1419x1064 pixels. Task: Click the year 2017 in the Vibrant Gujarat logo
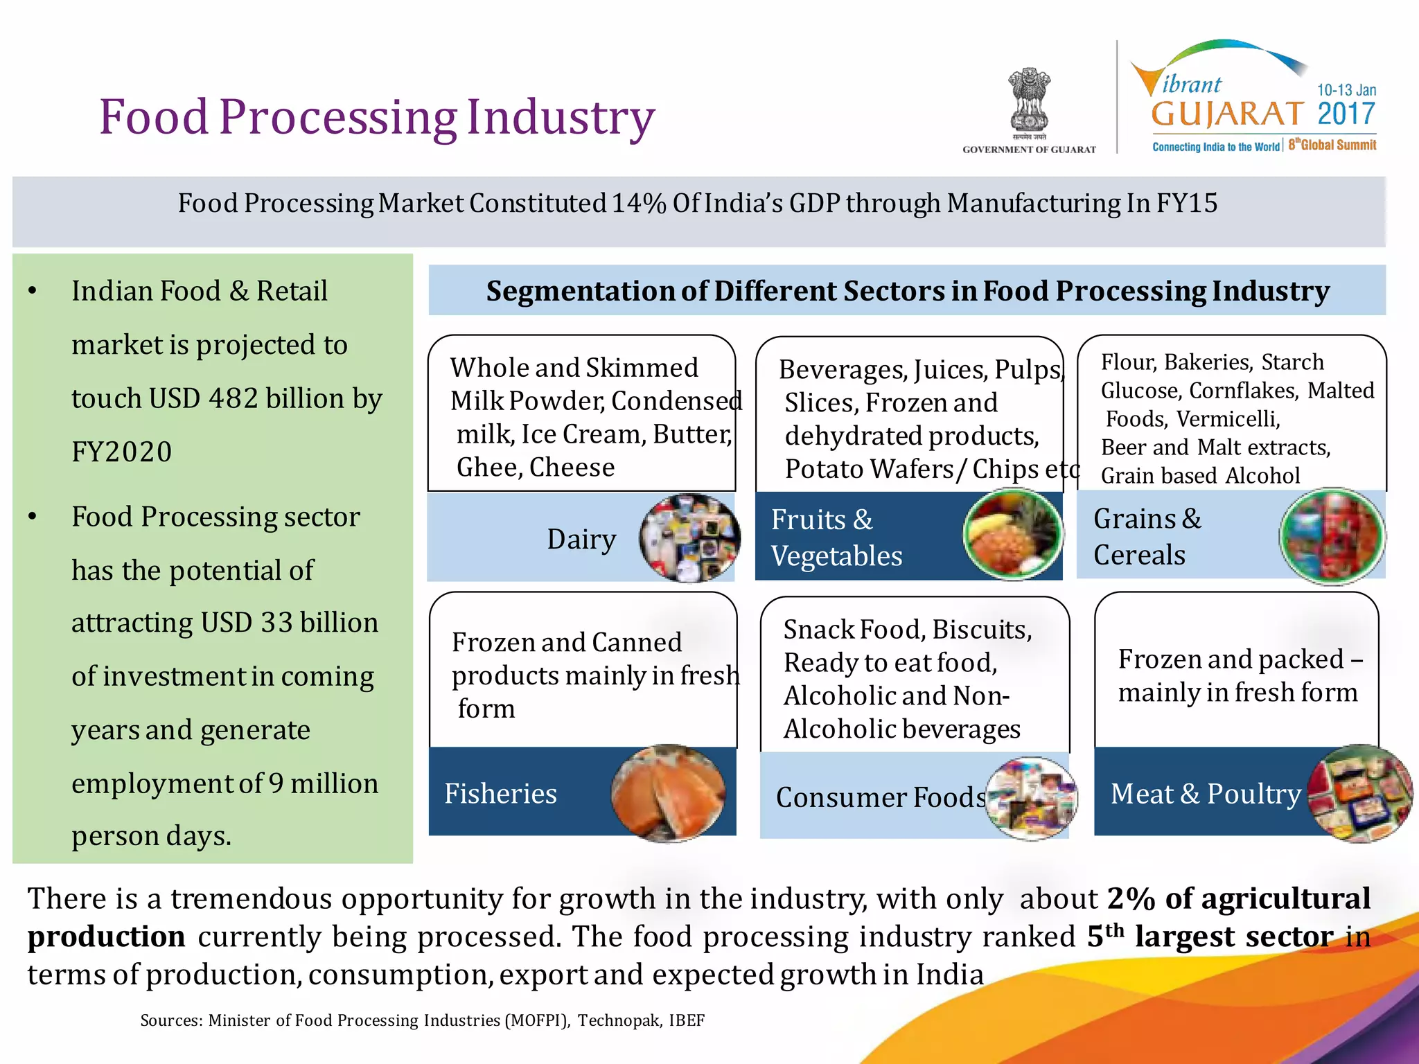click(1346, 114)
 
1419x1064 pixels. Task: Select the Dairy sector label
click(581, 539)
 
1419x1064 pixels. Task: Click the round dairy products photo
click(689, 538)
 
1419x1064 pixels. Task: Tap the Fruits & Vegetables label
click(836, 538)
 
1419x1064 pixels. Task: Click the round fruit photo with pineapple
click(1012, 533)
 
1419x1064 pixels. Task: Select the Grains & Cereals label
click(1147, 537)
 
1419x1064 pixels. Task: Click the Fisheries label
click(500, 794)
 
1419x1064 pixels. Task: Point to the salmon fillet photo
click(668, 792)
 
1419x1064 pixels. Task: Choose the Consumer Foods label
click(881, 797)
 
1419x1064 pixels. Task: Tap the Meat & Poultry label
click(1206, 794)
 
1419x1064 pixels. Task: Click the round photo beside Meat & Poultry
click(1360, 794)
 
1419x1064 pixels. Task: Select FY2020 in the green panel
click(122, 452)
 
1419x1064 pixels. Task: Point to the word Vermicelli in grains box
click(1227, 419)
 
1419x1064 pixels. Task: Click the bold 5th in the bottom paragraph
click(1105, 936)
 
